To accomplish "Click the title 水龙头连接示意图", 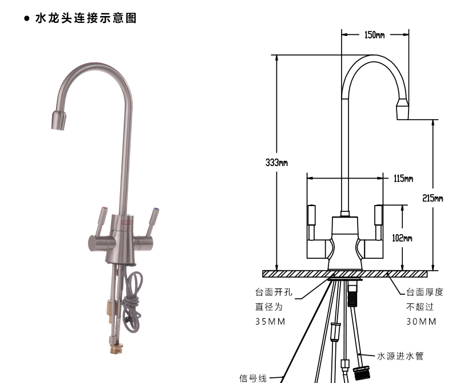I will pyautogui.click(x=86, y=19).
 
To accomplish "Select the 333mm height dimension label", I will pyautogui.click(x=276, y=162).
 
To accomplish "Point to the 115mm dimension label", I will pyautogui.click(x=403, y=179).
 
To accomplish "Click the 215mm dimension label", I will pyautogui.click(x=433, y=199).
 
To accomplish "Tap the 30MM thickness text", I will pyautogui.click(x=421, y=321).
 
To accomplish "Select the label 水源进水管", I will pyautogui.click(x=400, y=356).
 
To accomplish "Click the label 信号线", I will pyautogui.click(x=252, y=378).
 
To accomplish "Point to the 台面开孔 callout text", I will pyautogui.click(x=273, y=293).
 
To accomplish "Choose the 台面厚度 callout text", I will pyautogui.click(x=424, y=293).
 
